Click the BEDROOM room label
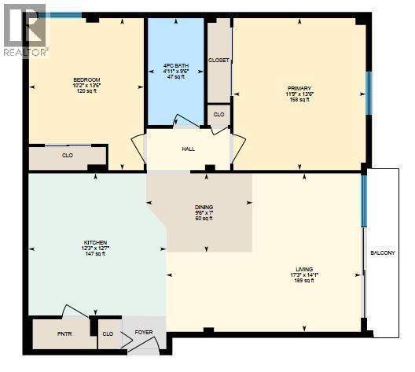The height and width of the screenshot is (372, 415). [x=87, y=79]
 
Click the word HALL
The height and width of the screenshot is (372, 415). [x=188, y=149]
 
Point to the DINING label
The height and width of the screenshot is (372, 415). [x=204, y=208]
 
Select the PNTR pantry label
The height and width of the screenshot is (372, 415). [x=64, y=333]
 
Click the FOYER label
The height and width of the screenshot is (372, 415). [x=143, y=333]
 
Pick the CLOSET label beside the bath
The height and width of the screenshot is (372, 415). [x=219, y=60]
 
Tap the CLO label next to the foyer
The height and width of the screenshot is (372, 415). [x=108, y=333]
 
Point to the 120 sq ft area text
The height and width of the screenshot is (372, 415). [x=87, y=92]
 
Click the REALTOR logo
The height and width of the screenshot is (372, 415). [x=24, y=30]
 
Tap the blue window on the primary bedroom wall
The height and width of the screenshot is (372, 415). [x=367, y=94]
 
